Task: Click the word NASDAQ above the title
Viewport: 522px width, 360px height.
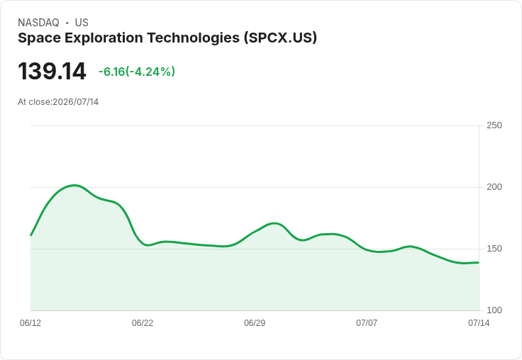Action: tap(38, 23)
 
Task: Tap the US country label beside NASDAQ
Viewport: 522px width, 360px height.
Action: tap(82, 23)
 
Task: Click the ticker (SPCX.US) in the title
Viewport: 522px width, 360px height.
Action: tap(280, 38)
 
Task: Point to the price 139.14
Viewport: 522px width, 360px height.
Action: tap(52, 71)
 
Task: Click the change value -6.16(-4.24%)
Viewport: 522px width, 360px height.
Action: tap(136, 72)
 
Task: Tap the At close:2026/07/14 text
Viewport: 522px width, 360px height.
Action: tap(58, 102)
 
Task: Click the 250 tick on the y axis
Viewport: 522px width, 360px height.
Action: tap(494, 125)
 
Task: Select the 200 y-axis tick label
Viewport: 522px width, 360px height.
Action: tap(494, 187)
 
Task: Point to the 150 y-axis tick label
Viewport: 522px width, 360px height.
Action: tap(494, 249)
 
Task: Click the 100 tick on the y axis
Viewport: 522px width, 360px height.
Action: tap(494, 310)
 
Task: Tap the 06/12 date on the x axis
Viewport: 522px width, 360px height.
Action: tap(30, 323)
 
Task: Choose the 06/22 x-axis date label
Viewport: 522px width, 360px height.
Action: tap(143, 323)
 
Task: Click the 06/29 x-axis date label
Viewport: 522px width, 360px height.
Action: tap(255, 323)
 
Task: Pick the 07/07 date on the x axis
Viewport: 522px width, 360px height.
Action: tap(367, 323)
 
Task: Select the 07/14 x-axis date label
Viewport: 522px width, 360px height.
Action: tap(479, 323)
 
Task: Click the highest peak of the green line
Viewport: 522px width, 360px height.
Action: tap(74, 186)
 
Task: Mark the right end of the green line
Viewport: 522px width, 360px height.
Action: tap(479, 262)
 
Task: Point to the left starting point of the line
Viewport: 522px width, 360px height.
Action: tap(30, 235)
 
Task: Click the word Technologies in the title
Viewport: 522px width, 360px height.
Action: tap(194, 38)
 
